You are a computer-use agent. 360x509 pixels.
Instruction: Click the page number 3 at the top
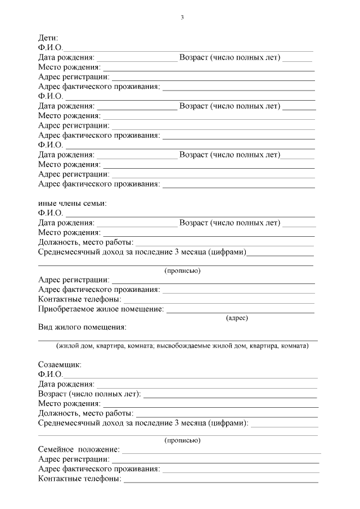(182, 17)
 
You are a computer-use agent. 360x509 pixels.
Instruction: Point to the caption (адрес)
(237, 318)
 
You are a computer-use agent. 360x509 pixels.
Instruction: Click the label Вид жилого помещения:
(82, 327)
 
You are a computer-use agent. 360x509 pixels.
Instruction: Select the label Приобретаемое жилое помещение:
(101, 309)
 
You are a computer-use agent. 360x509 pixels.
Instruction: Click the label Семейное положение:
(79, 449)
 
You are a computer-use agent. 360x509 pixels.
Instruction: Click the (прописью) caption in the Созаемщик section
(182, 440)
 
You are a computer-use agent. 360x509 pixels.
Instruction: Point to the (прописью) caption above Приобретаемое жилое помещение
(182, 271)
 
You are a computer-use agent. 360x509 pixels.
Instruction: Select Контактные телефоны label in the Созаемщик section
(79, 479)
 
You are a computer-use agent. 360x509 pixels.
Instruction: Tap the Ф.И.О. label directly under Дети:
(50, 48)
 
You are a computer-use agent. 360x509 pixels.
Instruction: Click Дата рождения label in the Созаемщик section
(66, 384)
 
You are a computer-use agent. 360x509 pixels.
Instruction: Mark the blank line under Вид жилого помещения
(177, 340)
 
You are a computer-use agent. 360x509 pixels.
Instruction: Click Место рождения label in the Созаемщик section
(69, 403)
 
